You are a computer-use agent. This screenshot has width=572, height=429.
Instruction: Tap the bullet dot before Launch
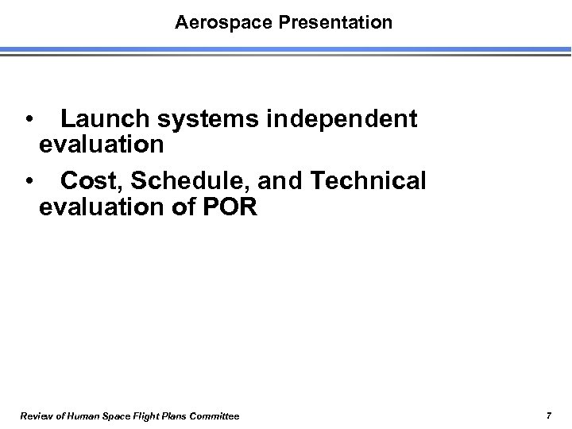click(x=29, y=121)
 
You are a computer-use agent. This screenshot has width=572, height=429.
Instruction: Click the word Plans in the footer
click(x=172, y=416)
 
